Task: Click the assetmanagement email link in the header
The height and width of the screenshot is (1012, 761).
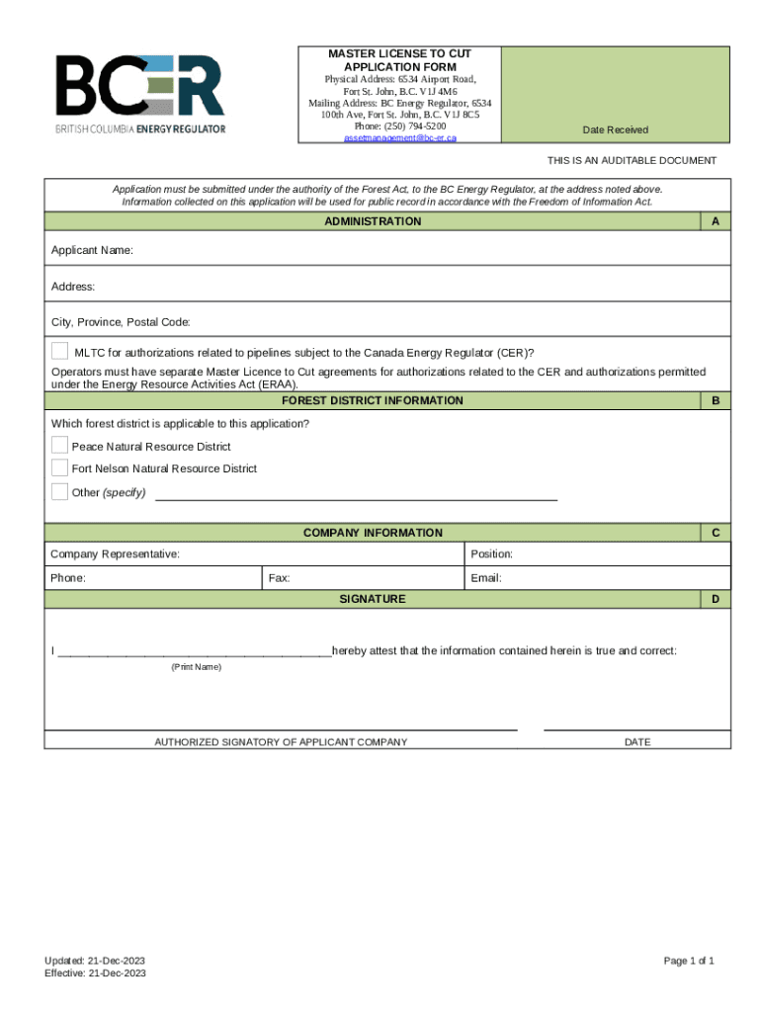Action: click(399, 138)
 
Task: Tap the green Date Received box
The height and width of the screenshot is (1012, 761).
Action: click(615, 95)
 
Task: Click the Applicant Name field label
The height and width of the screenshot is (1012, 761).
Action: click(92, 251)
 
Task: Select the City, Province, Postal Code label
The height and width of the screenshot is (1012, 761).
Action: click(121, 322)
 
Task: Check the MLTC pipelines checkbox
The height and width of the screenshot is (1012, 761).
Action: click(60, 351)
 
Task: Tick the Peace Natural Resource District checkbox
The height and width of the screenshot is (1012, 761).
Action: click(60, 446)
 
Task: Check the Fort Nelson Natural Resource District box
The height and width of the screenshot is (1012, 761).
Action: click(60, 467)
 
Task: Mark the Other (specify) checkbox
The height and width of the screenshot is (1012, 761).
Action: click(60, 491)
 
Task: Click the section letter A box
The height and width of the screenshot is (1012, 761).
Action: click(715, 221)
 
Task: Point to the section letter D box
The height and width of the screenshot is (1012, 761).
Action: click(715, 599)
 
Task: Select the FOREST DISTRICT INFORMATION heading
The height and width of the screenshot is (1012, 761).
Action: click(372, 401)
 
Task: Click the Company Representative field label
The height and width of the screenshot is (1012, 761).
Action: click(116, 554)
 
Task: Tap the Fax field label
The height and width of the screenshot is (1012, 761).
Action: click(279, 578)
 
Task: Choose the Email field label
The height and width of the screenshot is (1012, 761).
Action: click(486, 578)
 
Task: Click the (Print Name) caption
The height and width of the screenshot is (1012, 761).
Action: click(197, 667)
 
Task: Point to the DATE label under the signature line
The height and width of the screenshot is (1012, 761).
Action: click(637, 742)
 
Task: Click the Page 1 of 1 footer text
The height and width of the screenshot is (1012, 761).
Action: click(689, 962)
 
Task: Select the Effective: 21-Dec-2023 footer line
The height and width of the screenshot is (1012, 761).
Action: click(95, 973)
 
